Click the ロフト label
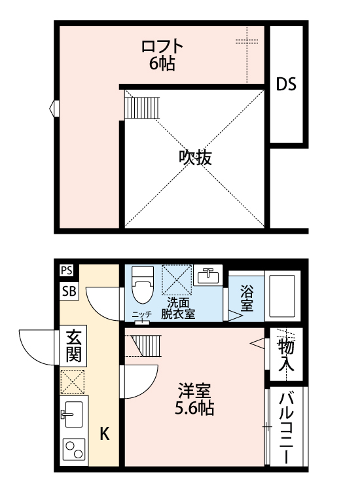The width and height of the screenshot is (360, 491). (162, 47)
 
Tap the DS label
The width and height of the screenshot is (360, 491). (285, 84)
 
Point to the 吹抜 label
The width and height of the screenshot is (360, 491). (195, 157)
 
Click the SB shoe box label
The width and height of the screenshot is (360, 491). (69, 292)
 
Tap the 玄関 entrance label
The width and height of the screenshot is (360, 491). (73, 347)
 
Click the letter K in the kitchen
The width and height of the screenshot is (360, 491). (104, 433)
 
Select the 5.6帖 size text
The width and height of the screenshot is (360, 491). (195, 410)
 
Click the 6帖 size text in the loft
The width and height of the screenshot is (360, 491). (161, 64)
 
